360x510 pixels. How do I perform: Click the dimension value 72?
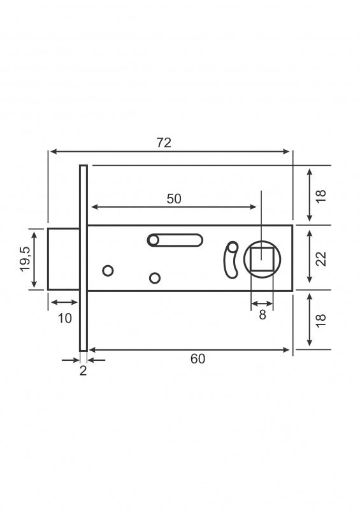click(164, 143)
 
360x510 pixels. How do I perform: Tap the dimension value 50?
click(174, 199)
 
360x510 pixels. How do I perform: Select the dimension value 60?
click(198, 359)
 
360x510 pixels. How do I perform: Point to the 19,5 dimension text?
click(25, 259)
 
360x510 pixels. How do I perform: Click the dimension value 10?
click(65, 318)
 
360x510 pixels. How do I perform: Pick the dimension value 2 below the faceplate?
click(83, 370)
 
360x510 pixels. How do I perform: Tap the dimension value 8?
click(263, 314)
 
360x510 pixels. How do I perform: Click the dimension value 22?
click(320, 259)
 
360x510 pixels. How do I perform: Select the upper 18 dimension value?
click(320, 196)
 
